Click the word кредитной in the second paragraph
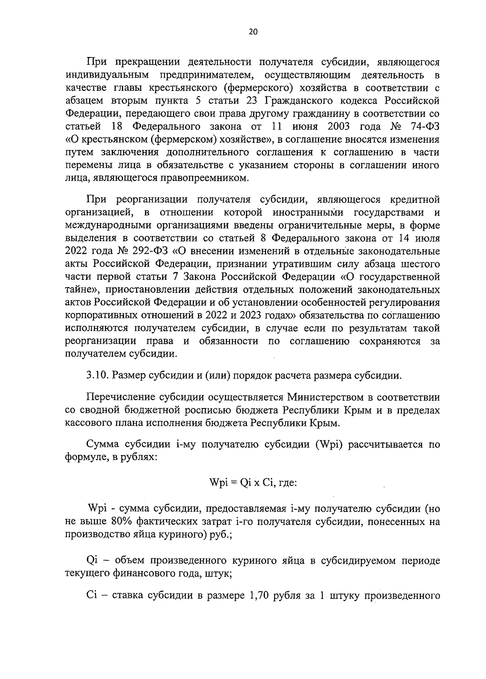[x=415, y=199]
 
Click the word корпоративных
[x=98, y=316]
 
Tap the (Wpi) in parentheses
[x=326, y=445]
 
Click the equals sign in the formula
[x=233, y=483]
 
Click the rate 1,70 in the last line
[x=258, y=597]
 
